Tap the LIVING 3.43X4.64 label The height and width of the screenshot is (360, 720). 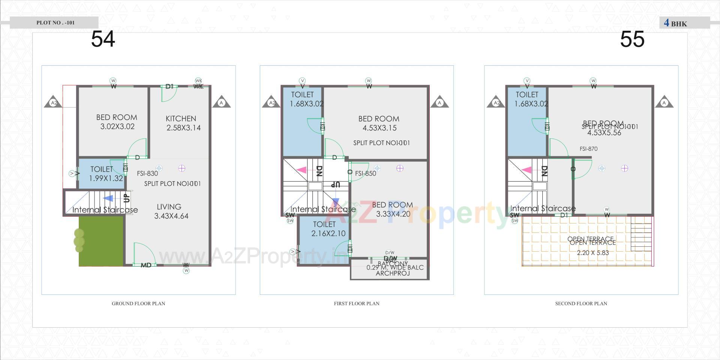pos(171,211)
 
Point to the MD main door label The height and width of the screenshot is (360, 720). pos(146,265)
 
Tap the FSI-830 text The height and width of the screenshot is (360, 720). pos(147,174)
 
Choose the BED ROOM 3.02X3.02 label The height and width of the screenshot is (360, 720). pos(117,122)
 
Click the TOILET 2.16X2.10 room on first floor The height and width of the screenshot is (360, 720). pos(324,229)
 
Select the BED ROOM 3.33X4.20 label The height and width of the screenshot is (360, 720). pos(393,209)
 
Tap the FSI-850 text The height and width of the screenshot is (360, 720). pos(366,174)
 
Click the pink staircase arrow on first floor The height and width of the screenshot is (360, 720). pos(301,170)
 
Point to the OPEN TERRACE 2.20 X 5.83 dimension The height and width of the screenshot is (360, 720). pos(592,253)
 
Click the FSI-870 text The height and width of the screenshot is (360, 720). pos(588,149)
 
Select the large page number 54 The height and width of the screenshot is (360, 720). pos(103,39)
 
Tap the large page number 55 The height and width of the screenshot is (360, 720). pos(632,39)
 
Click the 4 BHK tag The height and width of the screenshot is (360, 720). pos(676,23)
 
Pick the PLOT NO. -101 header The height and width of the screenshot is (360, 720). pos(55,22)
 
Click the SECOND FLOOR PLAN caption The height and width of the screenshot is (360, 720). pos(581,303)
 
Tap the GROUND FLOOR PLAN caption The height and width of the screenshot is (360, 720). pos(138,303)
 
